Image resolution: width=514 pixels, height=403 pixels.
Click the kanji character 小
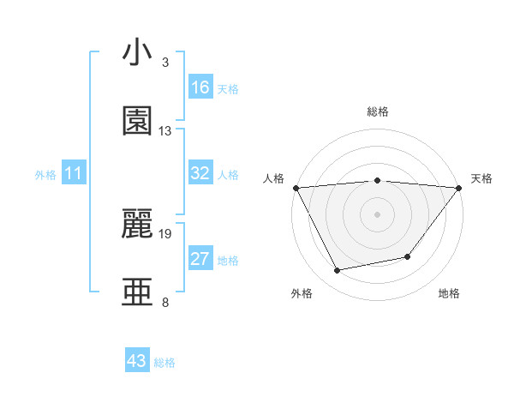(137, 53)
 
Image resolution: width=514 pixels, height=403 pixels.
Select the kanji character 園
(137, 121)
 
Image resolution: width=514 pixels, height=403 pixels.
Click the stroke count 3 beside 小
(164, 63)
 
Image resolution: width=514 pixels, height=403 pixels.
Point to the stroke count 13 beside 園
(164, 131)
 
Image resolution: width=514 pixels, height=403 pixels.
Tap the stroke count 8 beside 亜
(164, 302)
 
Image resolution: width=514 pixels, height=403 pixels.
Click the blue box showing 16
(200, 87)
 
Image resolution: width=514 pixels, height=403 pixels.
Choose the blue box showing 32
(200, 173)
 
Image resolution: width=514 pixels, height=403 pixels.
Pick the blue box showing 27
(200, 259)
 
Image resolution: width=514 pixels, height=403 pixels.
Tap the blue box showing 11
(75, 173)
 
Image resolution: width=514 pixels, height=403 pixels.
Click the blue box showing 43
(137, 361)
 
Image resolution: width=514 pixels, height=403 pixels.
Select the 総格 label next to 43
(164, 363)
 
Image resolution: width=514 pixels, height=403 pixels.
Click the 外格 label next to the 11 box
(45, 175)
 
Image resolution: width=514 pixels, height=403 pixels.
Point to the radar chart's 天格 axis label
(481, 178)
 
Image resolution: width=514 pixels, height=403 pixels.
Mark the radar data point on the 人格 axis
(296, 187)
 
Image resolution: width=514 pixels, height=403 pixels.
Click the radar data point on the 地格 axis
(408, 256)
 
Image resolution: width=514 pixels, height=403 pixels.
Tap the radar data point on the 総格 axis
(377, 180)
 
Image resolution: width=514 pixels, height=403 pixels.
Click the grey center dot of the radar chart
(377, 214)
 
